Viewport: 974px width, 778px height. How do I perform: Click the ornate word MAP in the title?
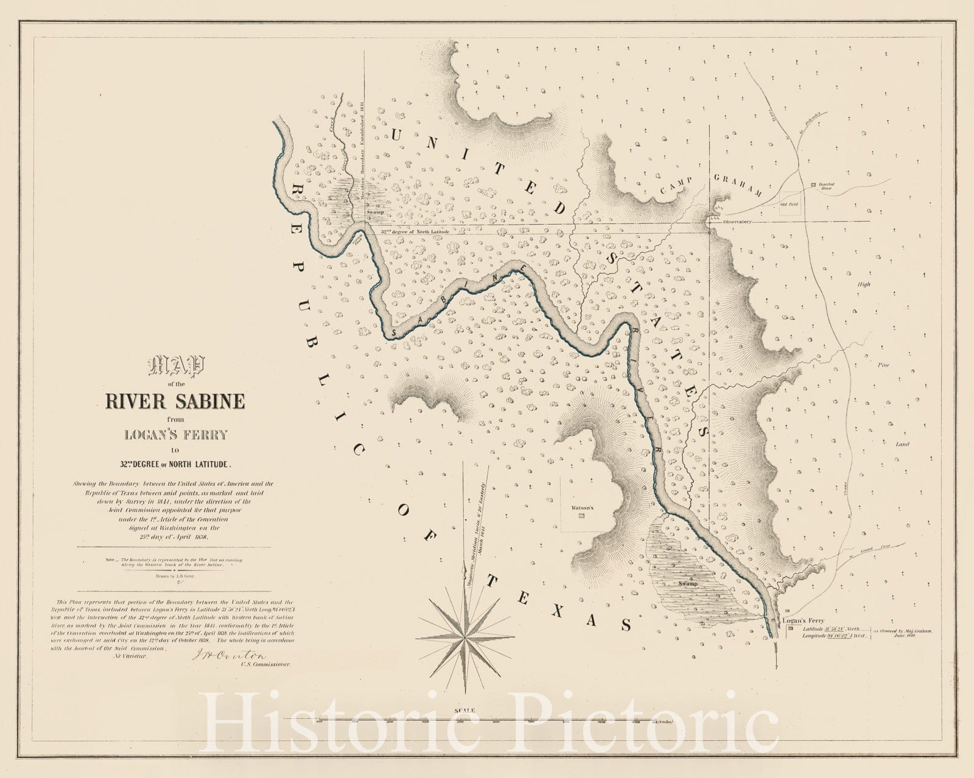(176, 367)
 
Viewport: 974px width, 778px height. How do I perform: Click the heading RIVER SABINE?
(175, 401)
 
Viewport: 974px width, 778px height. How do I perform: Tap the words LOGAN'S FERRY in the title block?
(175, 435)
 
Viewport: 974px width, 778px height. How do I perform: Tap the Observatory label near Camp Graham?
(738, 222)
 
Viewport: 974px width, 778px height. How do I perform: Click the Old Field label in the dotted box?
(790, 204)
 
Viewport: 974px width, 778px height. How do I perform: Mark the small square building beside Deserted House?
(814, 183)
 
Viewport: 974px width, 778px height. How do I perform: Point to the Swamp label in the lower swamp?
(688, 583)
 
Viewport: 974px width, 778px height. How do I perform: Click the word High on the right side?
(864, 284)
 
